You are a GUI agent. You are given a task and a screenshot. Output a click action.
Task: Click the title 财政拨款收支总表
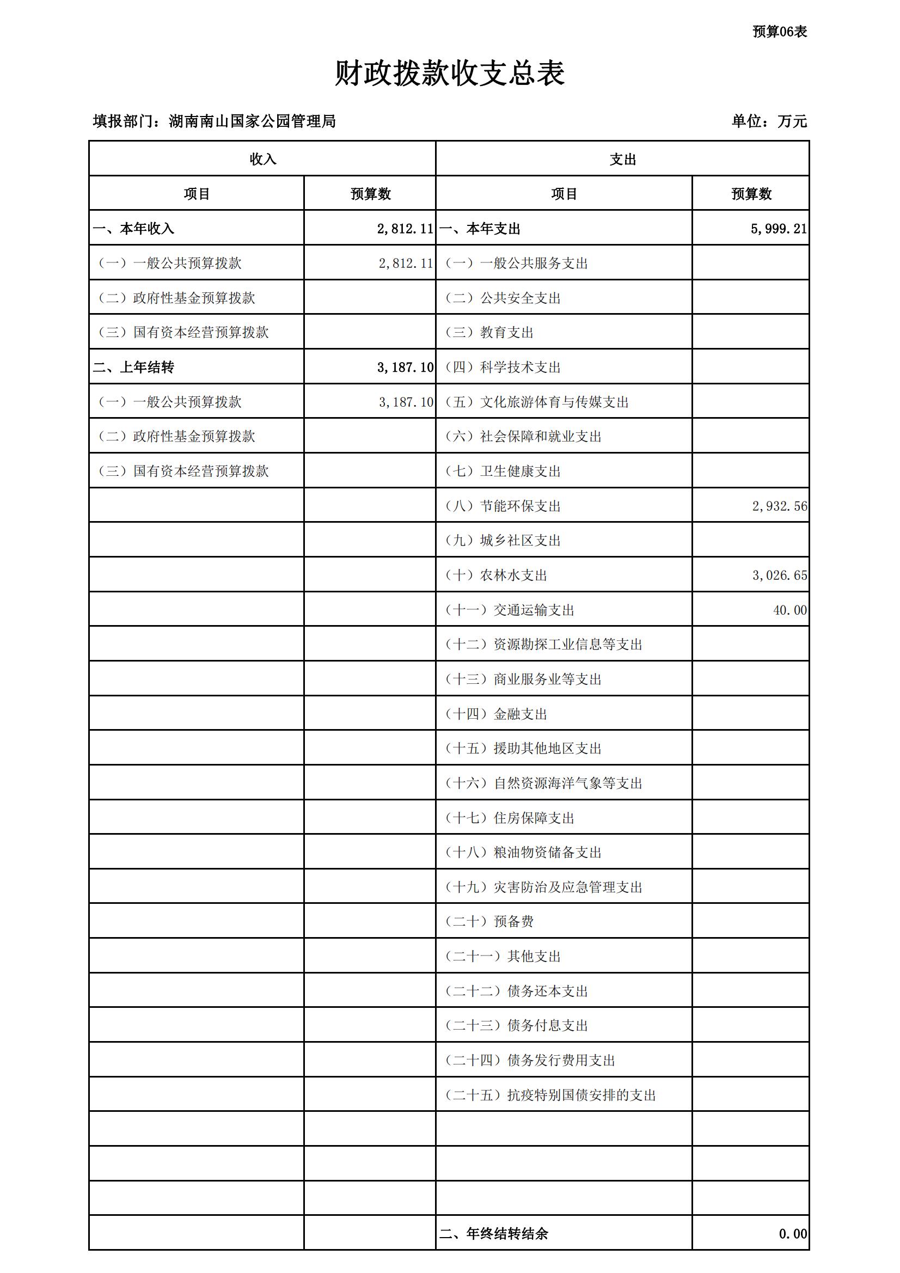point(450,73)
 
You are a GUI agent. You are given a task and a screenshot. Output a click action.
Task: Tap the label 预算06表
point(779,32)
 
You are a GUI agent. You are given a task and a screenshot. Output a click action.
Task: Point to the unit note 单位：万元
point(769,121)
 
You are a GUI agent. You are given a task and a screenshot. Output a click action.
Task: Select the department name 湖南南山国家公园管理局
point(252,121)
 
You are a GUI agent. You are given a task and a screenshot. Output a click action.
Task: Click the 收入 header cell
point(262,160)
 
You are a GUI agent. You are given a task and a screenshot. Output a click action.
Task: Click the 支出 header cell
point(622,160)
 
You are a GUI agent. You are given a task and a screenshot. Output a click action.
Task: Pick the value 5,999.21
point(779,229)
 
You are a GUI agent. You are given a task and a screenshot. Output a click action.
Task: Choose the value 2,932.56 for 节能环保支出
point(779,506)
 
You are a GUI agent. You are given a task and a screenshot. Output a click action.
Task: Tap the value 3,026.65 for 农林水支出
point(779,575)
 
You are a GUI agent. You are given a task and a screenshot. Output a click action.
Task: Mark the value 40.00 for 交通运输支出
point(789,610)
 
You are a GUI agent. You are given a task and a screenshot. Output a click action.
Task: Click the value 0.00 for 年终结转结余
point(792,1233)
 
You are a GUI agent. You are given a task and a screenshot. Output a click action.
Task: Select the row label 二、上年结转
point(133,367)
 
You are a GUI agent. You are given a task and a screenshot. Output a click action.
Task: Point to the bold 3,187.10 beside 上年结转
point(405,367)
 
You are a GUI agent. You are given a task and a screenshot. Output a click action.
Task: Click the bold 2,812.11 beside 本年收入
point(405,229)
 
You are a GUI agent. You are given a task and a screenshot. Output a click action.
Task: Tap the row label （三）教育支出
point(489,332)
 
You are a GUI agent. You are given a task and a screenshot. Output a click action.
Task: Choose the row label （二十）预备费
point(489,921)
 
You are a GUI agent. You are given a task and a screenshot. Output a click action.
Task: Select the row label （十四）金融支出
point(497,714)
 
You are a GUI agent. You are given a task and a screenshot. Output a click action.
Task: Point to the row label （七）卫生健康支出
point(503,471)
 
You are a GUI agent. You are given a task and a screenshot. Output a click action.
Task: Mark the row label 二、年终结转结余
point(493,1233)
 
